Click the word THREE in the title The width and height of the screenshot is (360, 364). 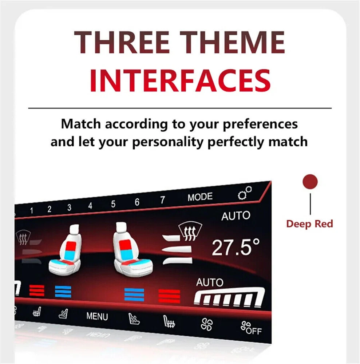[122, 43]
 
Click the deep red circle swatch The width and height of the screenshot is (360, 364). [310, 182]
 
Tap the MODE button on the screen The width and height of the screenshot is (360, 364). [200, 197]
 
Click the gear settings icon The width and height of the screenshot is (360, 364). [245, 193]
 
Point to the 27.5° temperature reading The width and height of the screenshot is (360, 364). [236, 248]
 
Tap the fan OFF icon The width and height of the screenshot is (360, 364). [251, 328]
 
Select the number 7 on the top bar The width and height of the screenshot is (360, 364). [162, 200]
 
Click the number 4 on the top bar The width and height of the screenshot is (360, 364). [90, 206]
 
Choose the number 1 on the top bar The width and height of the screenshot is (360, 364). [31, 210]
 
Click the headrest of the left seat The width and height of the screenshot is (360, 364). [74, 229]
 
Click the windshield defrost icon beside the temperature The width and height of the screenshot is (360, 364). [190, 231]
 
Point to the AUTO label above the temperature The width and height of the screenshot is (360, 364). [236, 216]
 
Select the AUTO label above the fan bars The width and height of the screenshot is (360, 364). [210, 282]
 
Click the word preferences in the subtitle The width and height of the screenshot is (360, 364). [260, 124]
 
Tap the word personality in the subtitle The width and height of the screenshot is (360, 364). [168, 142]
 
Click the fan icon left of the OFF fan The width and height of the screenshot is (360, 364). [207, 324]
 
